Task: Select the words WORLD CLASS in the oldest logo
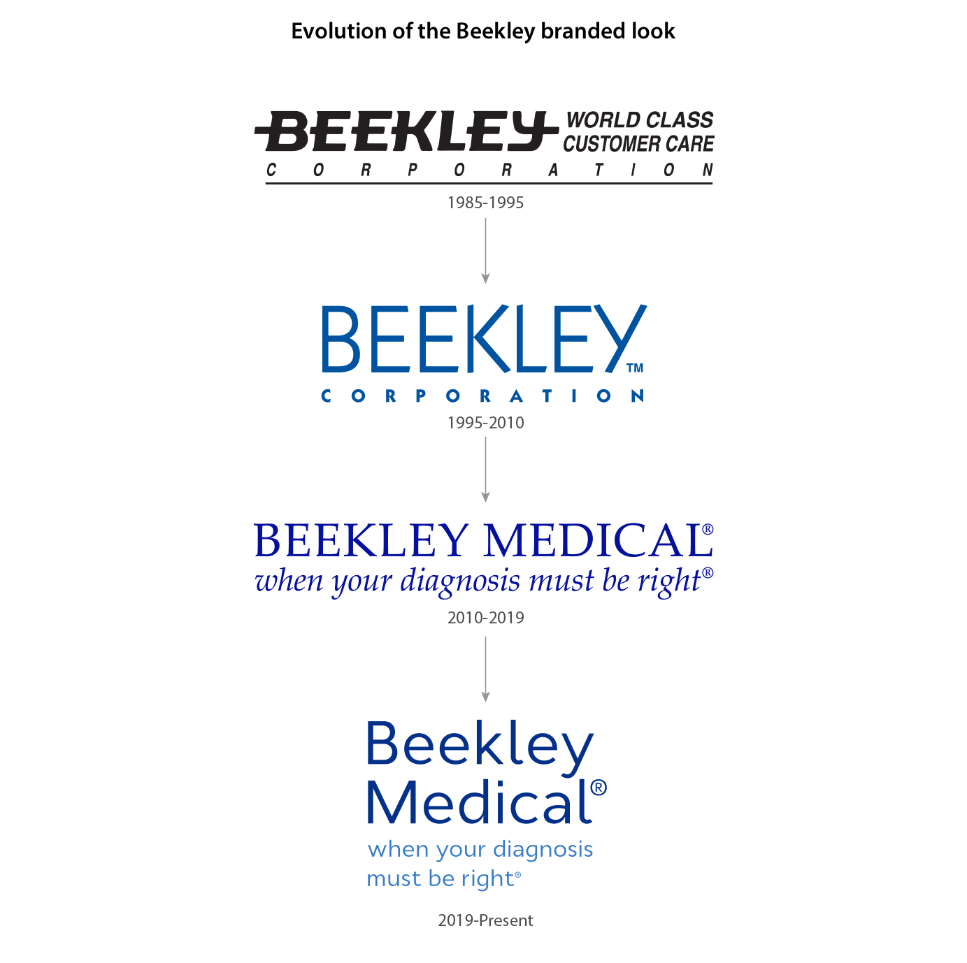[x=639, y=120]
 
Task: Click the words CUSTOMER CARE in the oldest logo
[x=638, y=144]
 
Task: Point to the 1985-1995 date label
[x=485, y=203]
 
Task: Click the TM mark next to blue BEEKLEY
[x=634, y=368]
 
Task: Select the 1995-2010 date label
[x=485, y=423]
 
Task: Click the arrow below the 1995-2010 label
[x=485, y=469]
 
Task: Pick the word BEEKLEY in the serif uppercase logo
[x=361, y=541]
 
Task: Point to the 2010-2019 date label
[x=485, y=618]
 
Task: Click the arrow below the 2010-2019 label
[x=485, y=668]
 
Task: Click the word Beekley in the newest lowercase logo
[x=480, y=745]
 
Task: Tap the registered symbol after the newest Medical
[x=599, y=788]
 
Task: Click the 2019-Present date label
[x=485, y=920]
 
